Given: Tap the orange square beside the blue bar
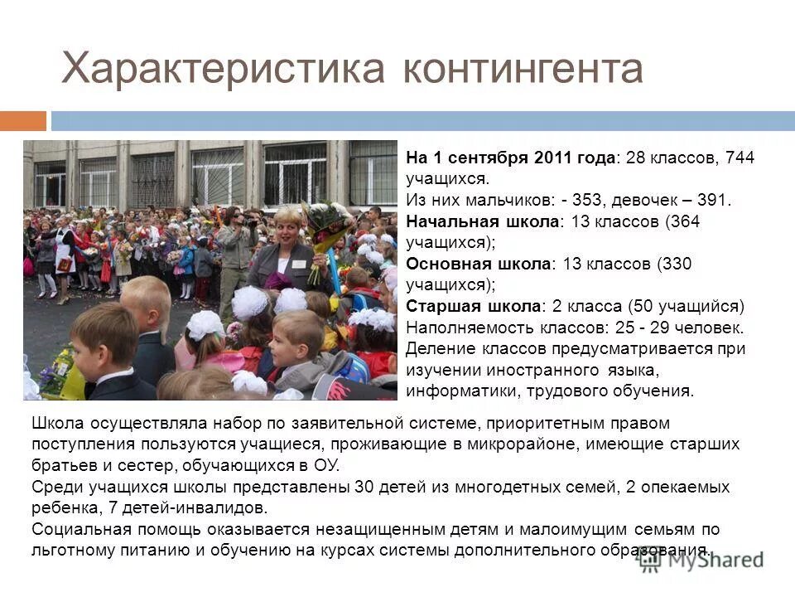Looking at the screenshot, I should click(x=22, y=121).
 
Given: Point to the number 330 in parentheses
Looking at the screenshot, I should click(x=673, y=264).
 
